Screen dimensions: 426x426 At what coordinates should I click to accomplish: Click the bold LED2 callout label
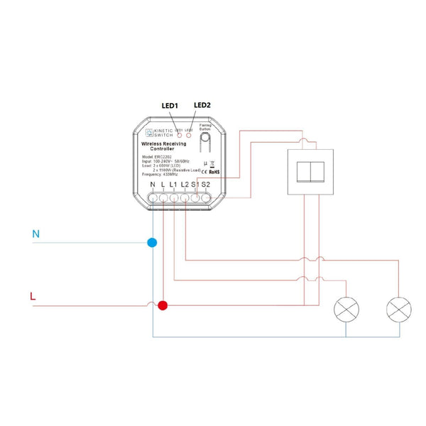point(202,105)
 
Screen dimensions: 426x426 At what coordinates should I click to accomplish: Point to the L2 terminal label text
point(184,186)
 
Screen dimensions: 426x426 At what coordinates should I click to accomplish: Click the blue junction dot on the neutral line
point(152,242)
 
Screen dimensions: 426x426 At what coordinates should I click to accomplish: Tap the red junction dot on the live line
point(163,306)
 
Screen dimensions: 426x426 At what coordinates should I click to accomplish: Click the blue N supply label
point(35,233)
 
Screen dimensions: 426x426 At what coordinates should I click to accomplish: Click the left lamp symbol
point(346,309)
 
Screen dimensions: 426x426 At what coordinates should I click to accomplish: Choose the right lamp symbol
point(398,309)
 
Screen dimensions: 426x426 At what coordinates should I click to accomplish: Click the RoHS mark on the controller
point(214,171)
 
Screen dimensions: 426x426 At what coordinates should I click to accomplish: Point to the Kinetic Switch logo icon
point(149,132)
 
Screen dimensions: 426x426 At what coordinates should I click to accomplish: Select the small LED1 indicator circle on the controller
point(180,136)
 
